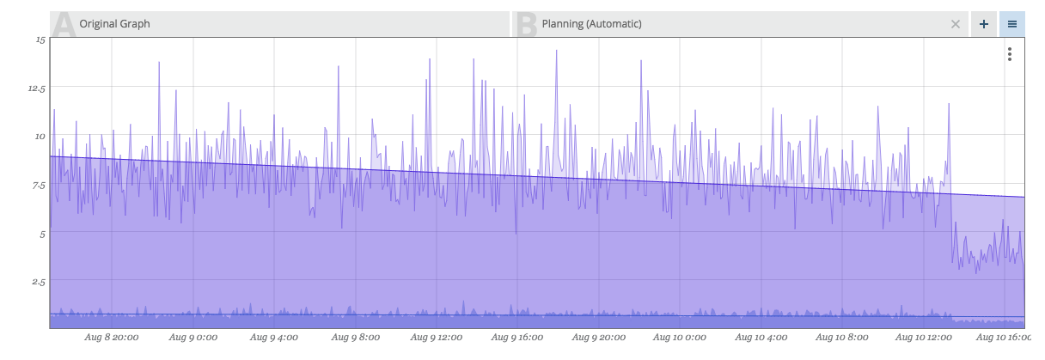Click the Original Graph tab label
click(x=114, y=24)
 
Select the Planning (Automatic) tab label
click(x=591, y=24)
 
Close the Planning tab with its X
click(x=955, y=24)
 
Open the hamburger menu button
click(x=1012, y=24)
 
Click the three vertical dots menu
click(x=1010, y=54)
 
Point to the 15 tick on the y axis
click(x=40, y=40)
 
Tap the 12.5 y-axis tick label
click(x=36, y=88)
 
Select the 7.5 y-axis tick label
click(x=38, y=185)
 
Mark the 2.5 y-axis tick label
click(x=38, y=281)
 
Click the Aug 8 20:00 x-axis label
click(x=112, y=338)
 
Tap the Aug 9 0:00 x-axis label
click(x=192, y=338)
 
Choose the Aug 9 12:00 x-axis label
click(x=437, y=338)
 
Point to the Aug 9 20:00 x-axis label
click(x=598, y=338)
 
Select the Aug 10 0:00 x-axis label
click(x=680, y=338)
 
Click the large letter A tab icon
click(x=63, y=24)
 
